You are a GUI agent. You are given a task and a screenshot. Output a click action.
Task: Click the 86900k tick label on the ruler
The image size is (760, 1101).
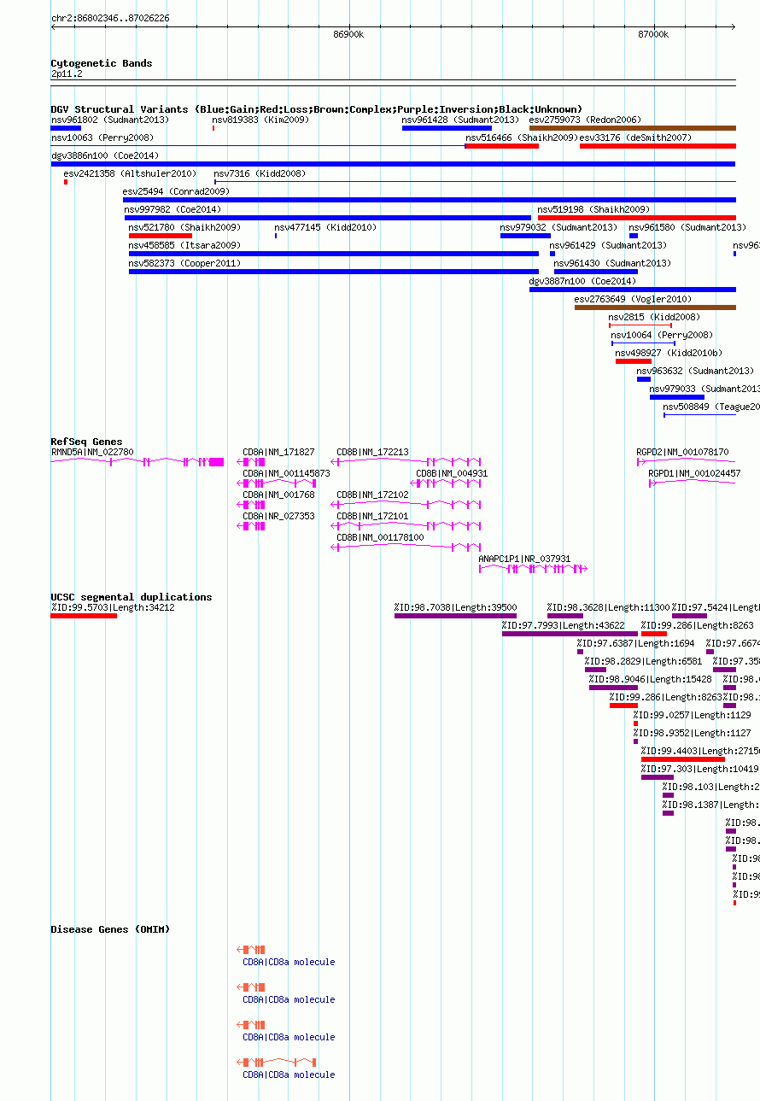348,34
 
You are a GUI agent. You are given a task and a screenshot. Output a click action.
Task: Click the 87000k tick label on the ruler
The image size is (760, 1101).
653,34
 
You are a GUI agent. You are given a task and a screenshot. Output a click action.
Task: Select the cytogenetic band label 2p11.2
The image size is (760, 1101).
67,74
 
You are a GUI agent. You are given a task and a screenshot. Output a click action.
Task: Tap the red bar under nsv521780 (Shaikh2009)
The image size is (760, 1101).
161,236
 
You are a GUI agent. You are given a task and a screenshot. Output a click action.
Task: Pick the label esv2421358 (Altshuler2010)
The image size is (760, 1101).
130,174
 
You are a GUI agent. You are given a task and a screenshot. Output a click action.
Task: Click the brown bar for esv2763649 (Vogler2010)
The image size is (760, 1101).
655,307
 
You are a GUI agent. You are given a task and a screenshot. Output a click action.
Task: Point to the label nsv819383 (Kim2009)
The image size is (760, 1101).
260,120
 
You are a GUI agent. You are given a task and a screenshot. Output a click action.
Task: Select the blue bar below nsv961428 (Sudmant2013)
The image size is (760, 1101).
447,128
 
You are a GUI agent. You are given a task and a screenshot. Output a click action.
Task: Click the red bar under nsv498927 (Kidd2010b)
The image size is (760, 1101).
633,361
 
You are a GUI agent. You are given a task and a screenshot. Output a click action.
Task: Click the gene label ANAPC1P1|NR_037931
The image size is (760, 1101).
524,559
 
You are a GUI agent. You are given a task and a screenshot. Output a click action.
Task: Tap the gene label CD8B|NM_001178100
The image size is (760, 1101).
380,537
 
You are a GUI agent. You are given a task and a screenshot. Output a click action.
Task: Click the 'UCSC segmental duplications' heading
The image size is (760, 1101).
131,597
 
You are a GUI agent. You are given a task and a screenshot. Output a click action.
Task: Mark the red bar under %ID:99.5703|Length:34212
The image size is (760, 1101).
84,616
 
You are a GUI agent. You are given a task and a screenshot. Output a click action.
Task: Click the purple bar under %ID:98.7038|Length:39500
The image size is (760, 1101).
455,616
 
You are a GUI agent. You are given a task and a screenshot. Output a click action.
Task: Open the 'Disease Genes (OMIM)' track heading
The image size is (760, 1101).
110,929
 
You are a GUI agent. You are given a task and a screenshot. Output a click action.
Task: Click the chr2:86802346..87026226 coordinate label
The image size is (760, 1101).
110,18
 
